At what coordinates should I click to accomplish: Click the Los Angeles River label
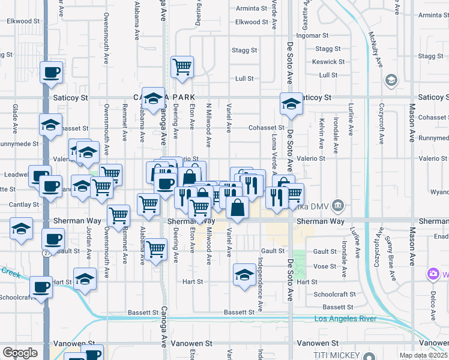[x=345, y=319]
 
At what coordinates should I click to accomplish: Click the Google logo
[x=19, y=353]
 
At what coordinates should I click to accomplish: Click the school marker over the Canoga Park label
[x=154, y=100]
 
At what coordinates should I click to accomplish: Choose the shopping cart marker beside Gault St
[x=156, y=248]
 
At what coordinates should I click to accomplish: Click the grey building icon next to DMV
[x=339, y=206]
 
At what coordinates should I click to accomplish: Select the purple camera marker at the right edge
[x=432, y=274]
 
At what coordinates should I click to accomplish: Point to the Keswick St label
[x=328, y=62]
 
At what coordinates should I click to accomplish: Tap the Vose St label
[x=324, y=266]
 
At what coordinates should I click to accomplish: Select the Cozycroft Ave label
[x=381, y=127]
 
